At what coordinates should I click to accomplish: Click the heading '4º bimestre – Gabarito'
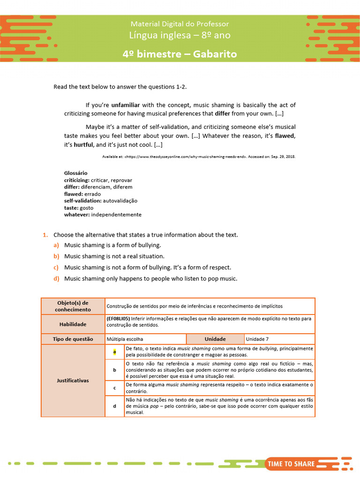[180, 54]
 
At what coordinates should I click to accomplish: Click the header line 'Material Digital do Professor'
[180, 23]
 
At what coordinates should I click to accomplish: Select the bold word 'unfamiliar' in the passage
[126, 105]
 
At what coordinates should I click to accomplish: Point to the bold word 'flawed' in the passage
[285, 136]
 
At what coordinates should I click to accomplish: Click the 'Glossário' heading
[75, 173]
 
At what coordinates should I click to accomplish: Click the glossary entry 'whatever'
[76, 215]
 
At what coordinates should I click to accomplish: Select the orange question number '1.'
[45, 235]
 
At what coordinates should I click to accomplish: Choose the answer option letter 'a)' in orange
[56, 245]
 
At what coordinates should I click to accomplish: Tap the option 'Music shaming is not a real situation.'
[114, 256]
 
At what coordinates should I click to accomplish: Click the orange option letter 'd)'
[56, 279]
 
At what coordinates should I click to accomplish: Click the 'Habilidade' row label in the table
[73, 324]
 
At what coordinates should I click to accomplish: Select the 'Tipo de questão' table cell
[73, 339]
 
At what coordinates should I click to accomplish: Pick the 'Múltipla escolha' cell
[125, 339]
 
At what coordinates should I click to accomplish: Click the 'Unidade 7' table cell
[257, 339]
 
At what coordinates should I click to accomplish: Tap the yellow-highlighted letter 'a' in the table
[114, 352]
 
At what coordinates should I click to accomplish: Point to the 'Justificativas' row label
[73, 381]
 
